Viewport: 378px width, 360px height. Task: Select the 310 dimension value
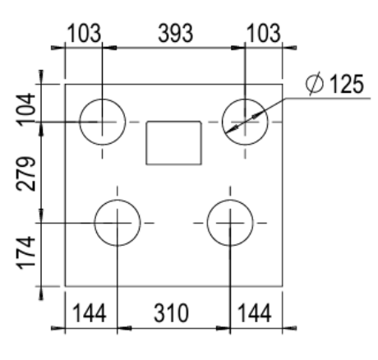tap(173, 312)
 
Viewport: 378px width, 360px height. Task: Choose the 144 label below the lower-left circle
tap(90, 312)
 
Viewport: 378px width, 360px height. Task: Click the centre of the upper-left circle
tap(101, 122)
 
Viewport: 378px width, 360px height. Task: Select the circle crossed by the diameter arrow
tap(245, 122)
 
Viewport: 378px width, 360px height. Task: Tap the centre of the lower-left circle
tap(118, 223)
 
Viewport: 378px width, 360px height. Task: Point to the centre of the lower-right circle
tap(229, 223)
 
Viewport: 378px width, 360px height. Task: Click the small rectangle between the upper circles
tap(173, 142)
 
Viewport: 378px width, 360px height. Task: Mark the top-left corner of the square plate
tap(65, 85)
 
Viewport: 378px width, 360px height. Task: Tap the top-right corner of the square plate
tap(283, 85)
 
